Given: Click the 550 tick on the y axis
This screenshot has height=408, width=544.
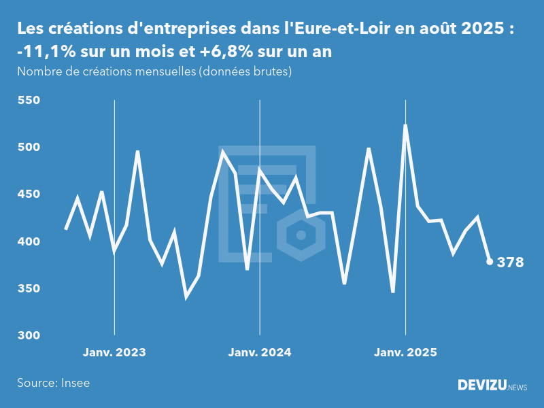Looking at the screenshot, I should tap(29, 101).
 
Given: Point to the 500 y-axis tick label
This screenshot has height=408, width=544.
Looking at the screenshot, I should tap(29, 148).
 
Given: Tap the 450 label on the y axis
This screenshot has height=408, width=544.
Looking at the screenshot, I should tap(29, 194).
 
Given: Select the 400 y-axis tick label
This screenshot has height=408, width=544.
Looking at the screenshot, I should tap(29, 242).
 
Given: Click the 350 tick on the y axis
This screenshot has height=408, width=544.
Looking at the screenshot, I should tap(29, 289).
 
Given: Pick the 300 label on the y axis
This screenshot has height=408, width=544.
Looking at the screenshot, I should tap(29, 336).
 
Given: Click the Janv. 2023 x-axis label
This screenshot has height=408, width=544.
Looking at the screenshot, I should tap(114, 352).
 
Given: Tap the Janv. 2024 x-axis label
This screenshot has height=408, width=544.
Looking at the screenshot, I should tap(260, 352).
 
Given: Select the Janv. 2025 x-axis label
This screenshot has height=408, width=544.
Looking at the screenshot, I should tap(406, 352).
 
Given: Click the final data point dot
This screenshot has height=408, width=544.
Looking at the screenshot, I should tap(490, 262).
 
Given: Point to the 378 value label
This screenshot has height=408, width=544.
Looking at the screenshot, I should tap(511, 262).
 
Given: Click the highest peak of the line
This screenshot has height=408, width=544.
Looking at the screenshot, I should tap(405, 125).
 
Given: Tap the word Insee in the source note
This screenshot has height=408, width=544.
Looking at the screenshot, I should tap(75, 383).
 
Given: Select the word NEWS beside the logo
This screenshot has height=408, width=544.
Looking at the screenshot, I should tap(517, 388).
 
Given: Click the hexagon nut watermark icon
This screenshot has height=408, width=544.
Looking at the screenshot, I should tap(299, 235).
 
